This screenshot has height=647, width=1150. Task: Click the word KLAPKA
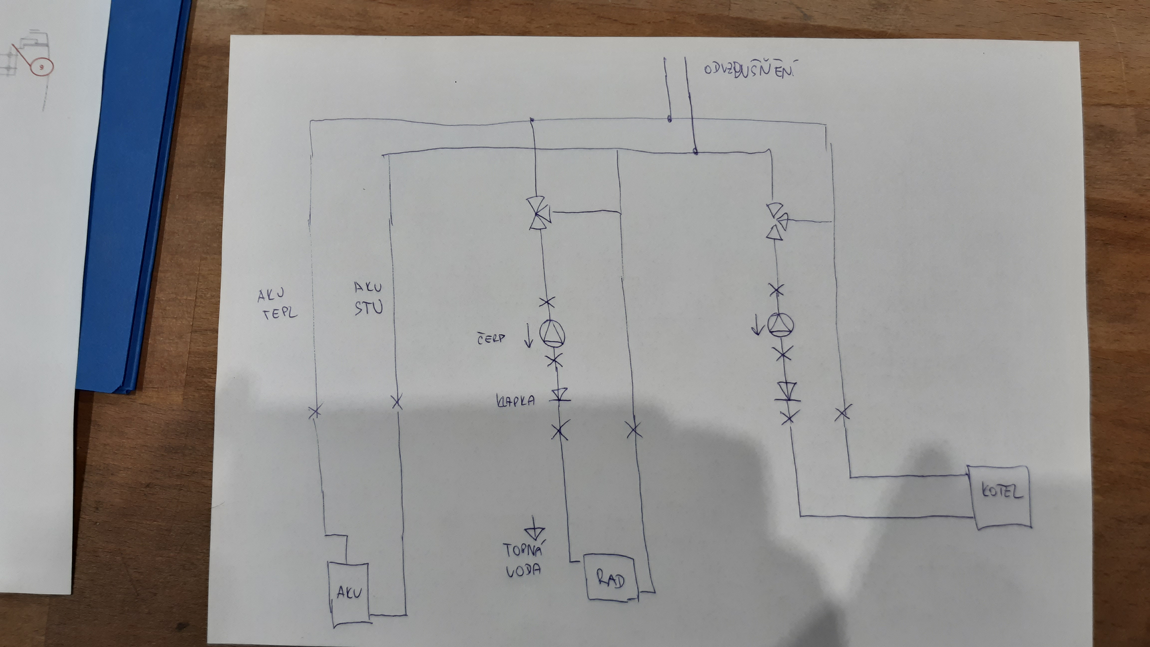click(x=516, y=401)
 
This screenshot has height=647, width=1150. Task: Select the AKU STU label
click(x=368, y=298)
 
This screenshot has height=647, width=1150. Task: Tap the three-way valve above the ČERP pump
click(x=539, y=213)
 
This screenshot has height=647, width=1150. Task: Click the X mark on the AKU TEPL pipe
click(x=315, y=411)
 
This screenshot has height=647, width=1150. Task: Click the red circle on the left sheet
click(x=41, y=67)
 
